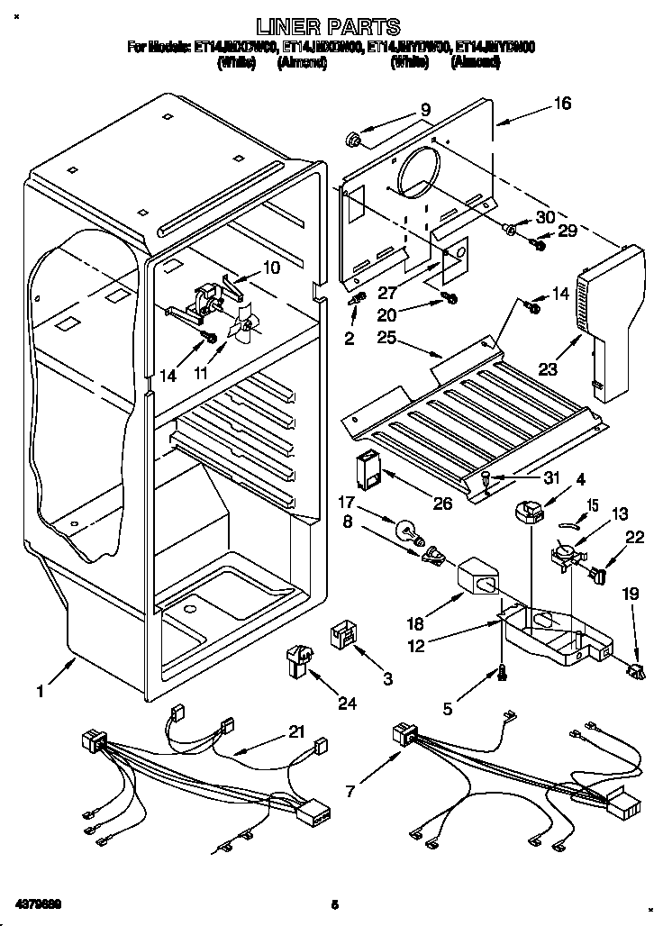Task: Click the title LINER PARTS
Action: (x=329, y=27)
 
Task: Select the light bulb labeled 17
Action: (x=407, y=527)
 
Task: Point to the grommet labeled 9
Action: (x=354, y=140)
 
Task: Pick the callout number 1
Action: (x=40, y=691)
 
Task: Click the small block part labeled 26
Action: (x=368, y=469)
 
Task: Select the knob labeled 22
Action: (x=603, y=570)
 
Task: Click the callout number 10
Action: (x=271, y=268)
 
